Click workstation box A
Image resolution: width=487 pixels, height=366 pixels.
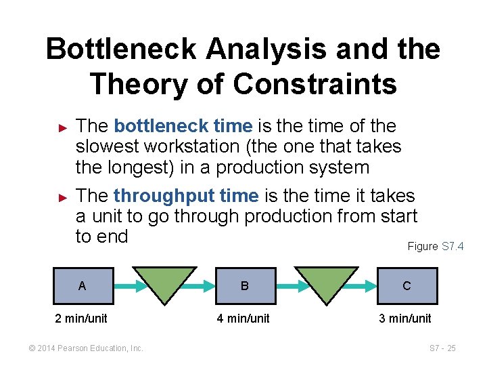click(x=83, y=285)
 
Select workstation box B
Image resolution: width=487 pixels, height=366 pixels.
click(x=244, y=285)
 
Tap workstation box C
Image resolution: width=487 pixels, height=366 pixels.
click(x=407, y=285)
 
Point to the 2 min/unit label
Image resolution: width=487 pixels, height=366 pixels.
click(x=81, y=319)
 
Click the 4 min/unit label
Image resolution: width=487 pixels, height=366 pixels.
click(x=243, y=319)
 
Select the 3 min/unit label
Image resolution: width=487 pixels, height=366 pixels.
click(x=405, y=319)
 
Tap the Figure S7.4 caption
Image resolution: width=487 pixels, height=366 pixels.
click(x=435, y=246)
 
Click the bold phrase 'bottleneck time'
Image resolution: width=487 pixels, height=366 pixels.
click(x=183, y=126)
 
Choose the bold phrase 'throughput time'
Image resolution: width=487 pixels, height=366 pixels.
click(x=186, y=196)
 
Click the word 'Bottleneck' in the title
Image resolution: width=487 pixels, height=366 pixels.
click(x=122, y=49)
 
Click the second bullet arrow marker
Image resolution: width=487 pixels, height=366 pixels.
click(x=63, y=197)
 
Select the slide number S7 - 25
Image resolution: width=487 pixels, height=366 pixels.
click(x=442, y=348)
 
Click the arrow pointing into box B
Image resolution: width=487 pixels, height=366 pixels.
click(x=208, y=285)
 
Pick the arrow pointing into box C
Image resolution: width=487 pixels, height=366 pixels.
click(x=371, y=285)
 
